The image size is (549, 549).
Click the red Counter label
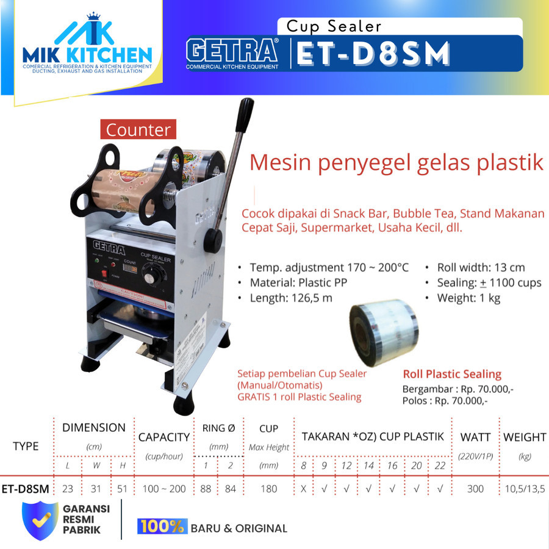[138, 130]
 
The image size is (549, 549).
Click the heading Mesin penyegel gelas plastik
[396, 163]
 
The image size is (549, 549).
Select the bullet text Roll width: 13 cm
[481, 267]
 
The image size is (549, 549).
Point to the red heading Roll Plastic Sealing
[452, 374]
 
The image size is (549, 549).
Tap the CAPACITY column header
[163, 437]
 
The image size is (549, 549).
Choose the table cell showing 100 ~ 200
[163, 489]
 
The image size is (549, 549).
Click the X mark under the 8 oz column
[303, 489]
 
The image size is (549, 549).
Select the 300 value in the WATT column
[475, 489]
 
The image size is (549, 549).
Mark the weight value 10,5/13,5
[524, 489]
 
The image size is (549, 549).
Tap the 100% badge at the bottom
[162, 527]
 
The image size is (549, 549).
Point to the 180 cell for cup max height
[268, 489]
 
